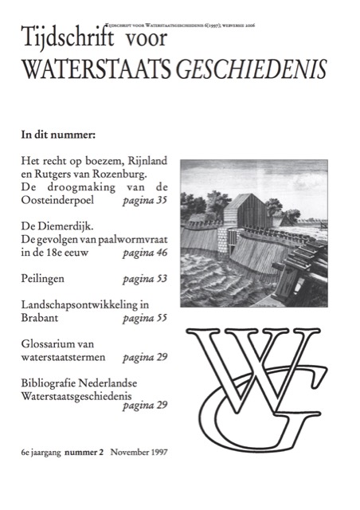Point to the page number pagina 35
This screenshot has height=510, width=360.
(x=145, y=200)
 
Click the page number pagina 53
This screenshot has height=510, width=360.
(x=145, y=280)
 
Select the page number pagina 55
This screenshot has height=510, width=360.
(x=145, y=319)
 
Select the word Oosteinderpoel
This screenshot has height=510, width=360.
(x=59, y=200)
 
